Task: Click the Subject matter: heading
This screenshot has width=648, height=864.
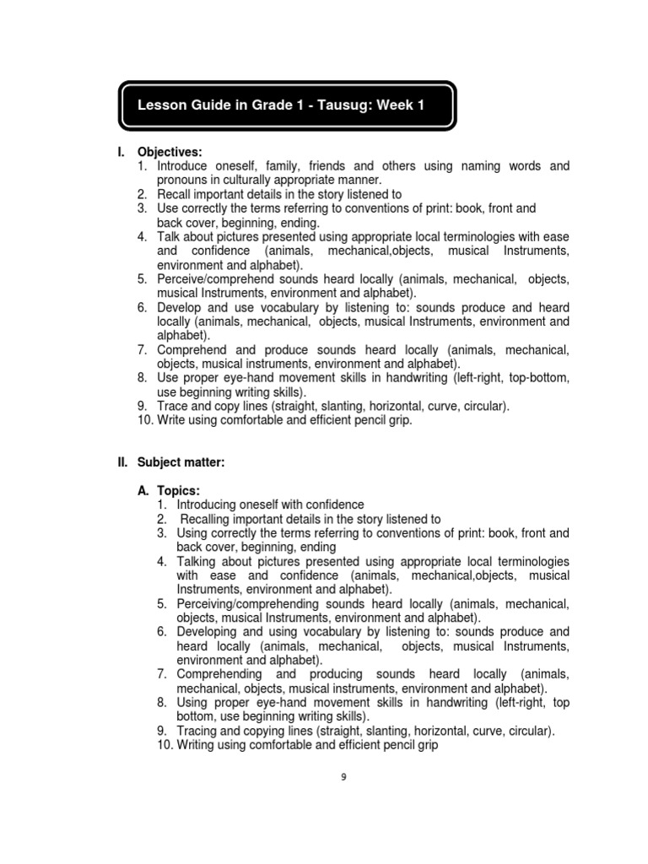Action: [181, 462]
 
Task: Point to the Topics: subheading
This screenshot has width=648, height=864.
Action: [173, 490]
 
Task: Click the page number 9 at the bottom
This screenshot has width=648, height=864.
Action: [343, 777]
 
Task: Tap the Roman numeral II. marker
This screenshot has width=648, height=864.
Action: [122, 462]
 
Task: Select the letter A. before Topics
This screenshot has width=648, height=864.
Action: [143, 490]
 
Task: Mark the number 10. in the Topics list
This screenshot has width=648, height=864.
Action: [165, 745]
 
